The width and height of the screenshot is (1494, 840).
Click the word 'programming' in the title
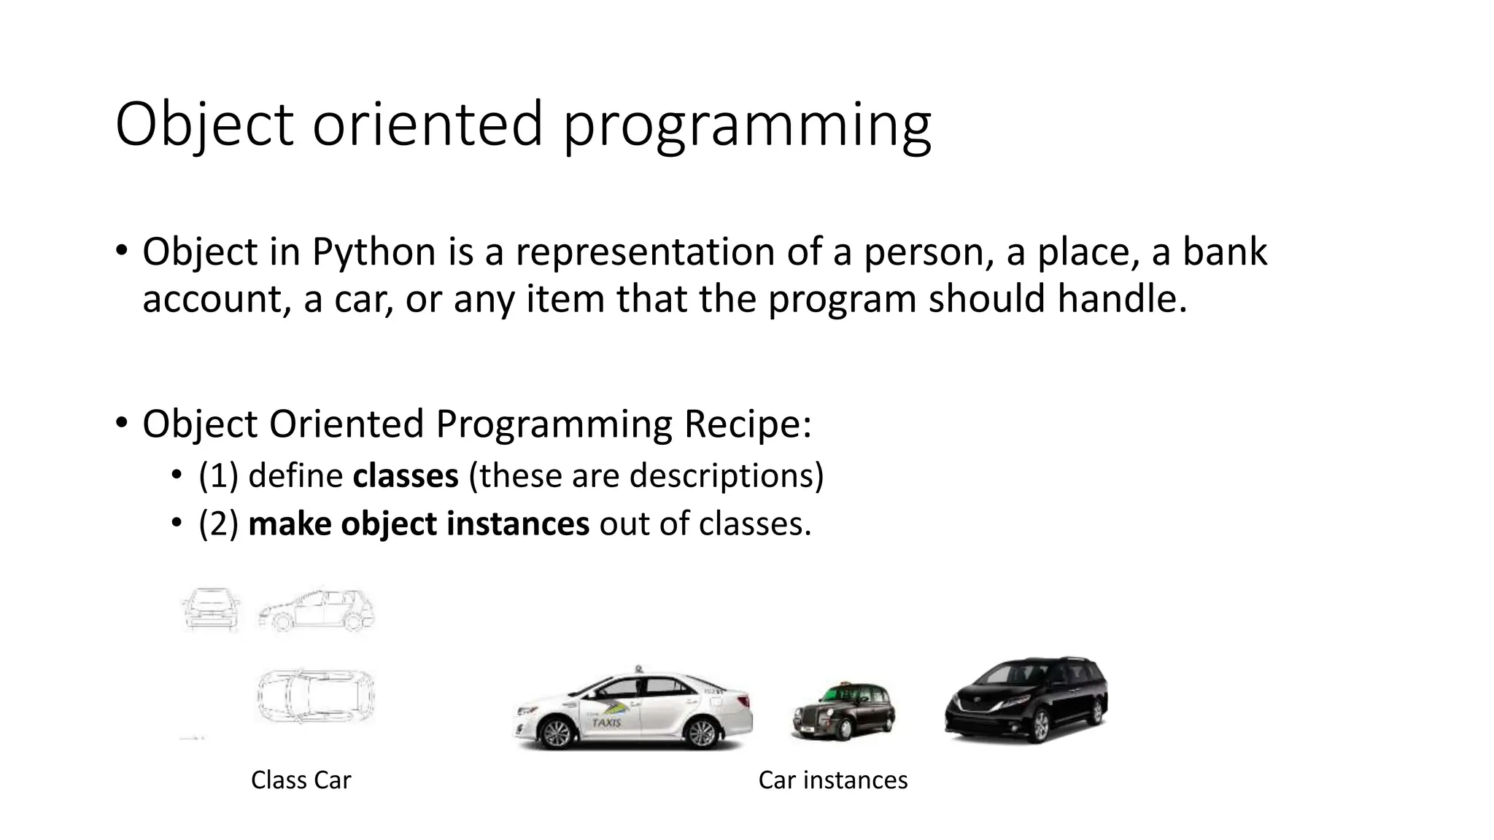(747, 125)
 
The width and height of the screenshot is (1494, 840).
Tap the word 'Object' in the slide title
(204, 125)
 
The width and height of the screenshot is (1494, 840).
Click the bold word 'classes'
(406, 476)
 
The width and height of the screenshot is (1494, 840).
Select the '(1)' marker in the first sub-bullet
(218, 476)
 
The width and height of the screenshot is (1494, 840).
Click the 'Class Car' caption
(301, 780)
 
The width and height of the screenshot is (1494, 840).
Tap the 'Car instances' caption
(832, 780)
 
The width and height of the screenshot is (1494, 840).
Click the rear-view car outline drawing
(211, 609)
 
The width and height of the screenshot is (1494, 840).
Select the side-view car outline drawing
(316, 609)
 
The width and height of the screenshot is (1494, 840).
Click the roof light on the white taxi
(639, 668)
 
